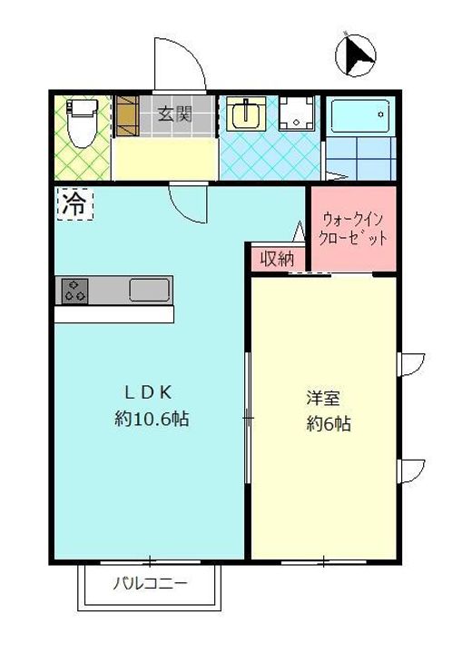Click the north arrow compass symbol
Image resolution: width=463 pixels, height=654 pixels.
(355, 54)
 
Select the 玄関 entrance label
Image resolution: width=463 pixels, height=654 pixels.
(174, 114)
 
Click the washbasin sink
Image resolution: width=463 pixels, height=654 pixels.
(244, 115)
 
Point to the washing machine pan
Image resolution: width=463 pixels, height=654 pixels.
(295, 115)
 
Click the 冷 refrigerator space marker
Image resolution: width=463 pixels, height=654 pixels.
(73, 203)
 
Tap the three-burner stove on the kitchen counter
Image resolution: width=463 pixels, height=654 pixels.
(74, 291)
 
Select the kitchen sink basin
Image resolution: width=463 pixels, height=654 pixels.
(149, 291)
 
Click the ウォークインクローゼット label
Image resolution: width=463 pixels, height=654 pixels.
(354, 229)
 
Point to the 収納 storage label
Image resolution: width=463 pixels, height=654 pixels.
(278, 258)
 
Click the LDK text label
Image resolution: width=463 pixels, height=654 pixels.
(148, 392)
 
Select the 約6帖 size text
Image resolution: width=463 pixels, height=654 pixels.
(329, 423)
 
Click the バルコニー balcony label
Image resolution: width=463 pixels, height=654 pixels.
(151, 583)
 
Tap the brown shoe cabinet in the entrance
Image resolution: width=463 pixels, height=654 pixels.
(125, 115)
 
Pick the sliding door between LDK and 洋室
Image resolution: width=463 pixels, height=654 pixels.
(248, 418)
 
